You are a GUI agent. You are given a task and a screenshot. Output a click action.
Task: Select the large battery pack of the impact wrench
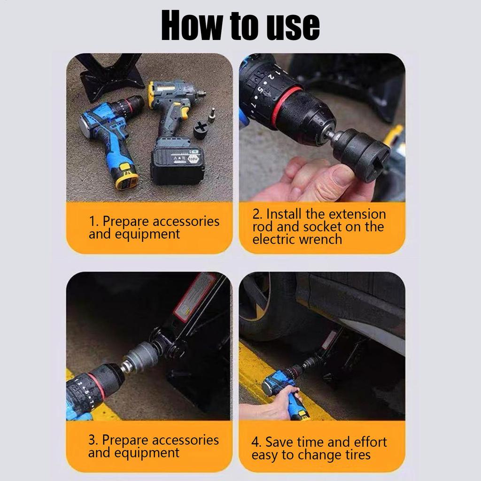pos(178,164)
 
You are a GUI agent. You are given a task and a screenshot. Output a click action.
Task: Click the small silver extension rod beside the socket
pos(212,115)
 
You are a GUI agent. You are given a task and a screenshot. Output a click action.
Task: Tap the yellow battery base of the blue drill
pos(127,177)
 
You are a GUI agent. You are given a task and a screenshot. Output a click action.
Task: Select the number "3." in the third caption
pos(93,440)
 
